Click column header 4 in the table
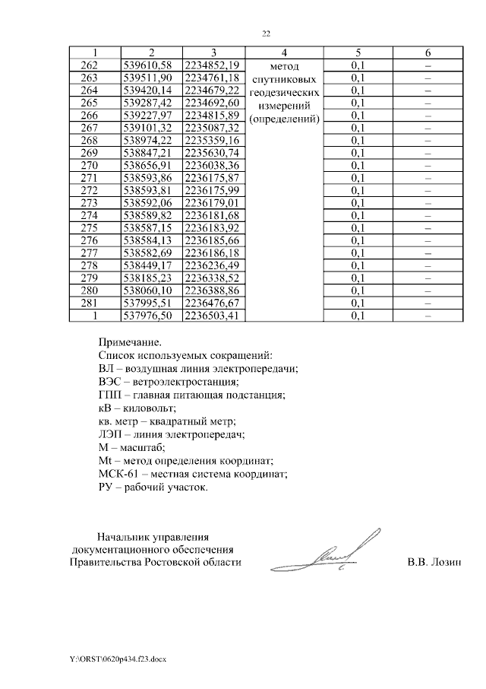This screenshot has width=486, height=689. click(x=283, y=52)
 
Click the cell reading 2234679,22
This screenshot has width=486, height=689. click(x=213, y=90)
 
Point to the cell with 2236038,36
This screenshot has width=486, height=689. click(x=213, y=165)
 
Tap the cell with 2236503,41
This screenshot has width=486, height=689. click(x=213, y=315)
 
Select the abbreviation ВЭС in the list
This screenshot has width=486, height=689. click(x=111, y=382)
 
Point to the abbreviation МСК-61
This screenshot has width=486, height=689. click(x=118, y=474)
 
